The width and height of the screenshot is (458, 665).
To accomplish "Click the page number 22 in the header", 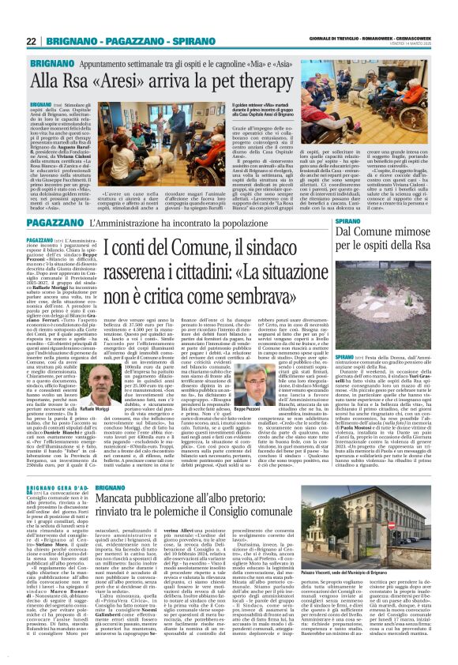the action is point(32,41).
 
